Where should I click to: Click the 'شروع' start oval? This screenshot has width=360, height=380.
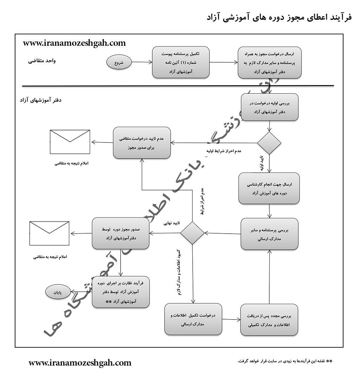click(119, 63)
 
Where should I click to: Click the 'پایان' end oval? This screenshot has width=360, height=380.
click(57, 292)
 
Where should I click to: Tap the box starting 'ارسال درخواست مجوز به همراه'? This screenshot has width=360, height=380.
click(269, 62)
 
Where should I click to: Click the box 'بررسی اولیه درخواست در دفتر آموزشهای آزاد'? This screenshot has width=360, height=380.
click(269, 107)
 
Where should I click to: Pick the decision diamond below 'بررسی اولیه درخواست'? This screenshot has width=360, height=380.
click(269, 143)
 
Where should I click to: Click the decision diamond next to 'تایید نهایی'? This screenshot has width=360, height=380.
click(192, 233)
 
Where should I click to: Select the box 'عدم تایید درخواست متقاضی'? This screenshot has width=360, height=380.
click(142, 143)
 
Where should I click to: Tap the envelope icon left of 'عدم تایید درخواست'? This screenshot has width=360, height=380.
click(70, 141)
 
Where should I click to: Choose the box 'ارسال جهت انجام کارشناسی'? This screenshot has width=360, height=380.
click(269, 188)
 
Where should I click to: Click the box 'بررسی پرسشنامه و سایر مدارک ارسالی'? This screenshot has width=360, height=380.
click(269, 234)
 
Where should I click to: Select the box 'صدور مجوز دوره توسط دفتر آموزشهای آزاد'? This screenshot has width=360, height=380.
click(121, 233)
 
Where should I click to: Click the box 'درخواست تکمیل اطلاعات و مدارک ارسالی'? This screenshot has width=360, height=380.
click(193, 319)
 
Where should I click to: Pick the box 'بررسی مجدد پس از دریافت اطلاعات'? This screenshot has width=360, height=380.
click(269, 319)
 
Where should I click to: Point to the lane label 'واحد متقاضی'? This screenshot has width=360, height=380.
click(42, 61)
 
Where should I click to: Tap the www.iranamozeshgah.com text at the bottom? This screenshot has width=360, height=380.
click(80, 363)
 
